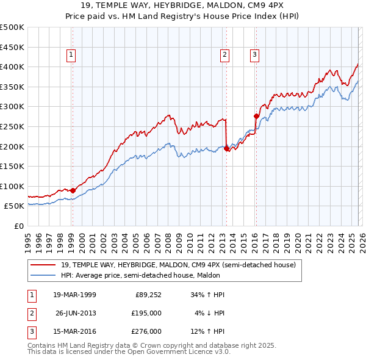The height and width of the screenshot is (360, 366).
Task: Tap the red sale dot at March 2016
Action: click(256, 115)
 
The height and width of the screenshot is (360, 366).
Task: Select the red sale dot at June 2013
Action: click(227, 148)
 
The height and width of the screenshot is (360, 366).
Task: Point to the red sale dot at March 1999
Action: click(73, 190)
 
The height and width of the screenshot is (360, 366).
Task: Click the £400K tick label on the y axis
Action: click(12, 67)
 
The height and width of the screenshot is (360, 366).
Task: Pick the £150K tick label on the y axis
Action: click(12, 166)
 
